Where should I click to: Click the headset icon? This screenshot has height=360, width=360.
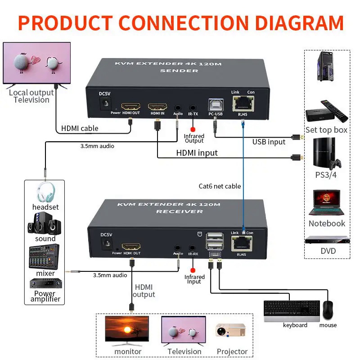[45, 192]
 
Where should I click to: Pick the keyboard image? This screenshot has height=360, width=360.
[291, 311]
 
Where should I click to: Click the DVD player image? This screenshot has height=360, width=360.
[327, 240]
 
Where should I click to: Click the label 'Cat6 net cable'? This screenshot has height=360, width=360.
[220, 186]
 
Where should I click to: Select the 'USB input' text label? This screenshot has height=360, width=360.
[269, 142]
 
